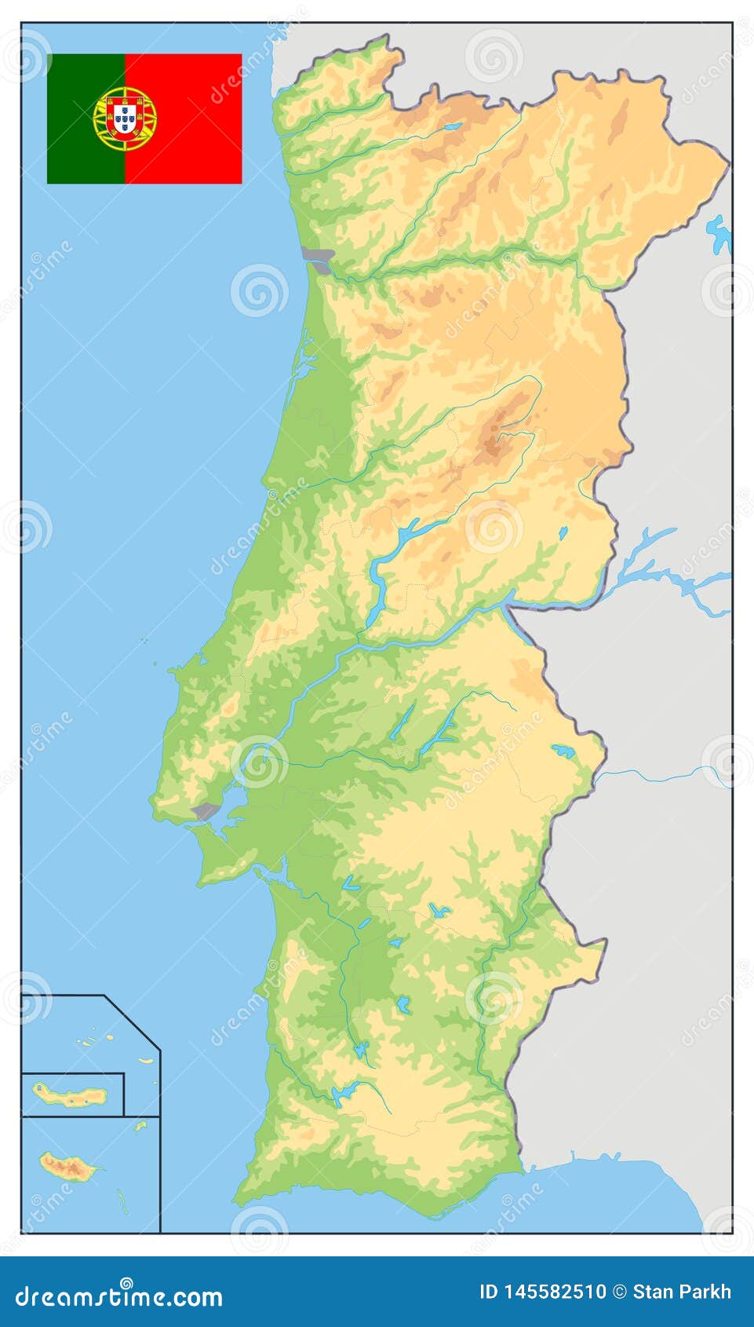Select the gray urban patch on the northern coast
pos(320,258)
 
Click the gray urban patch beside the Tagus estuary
pos(205,811)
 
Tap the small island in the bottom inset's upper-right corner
pos(140,1126)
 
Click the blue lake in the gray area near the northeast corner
pos(719,233)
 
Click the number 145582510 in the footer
pos(554,1292)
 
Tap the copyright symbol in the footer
pos(619,1292)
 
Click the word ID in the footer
pos(488,1292)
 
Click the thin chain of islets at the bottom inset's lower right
pos(122,1201)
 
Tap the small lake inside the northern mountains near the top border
pos(452,126)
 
